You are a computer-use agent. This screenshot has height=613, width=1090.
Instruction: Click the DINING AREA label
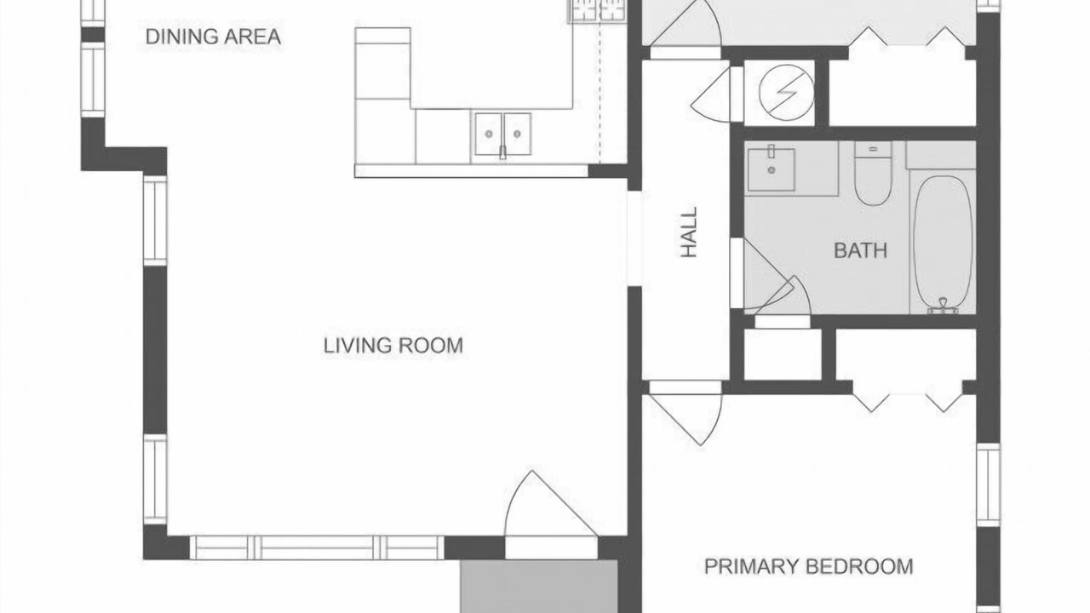tap(213, 37)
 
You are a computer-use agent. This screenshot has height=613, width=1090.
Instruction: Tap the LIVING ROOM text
tap(393, 346)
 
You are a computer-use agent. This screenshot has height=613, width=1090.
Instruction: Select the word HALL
tap(689, 232)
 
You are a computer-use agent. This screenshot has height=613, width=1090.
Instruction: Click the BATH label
tap(860, 250)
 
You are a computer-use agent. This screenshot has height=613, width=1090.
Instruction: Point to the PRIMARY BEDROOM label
tap(809, 567)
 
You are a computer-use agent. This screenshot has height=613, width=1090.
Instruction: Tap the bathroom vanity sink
tap(772, 169)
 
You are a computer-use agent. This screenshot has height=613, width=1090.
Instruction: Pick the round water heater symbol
tap(786, 93)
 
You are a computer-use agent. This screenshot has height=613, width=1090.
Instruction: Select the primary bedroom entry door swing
tap(686, 414)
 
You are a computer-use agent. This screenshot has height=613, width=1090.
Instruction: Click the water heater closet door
tap(713, 95)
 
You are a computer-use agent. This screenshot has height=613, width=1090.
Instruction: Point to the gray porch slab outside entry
tap(539, 587)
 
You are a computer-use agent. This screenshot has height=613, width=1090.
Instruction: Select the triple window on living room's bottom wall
tap(317, 547)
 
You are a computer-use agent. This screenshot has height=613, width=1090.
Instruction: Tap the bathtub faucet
tap(943, 306)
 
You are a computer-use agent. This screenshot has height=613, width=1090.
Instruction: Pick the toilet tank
tap(873, 149)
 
